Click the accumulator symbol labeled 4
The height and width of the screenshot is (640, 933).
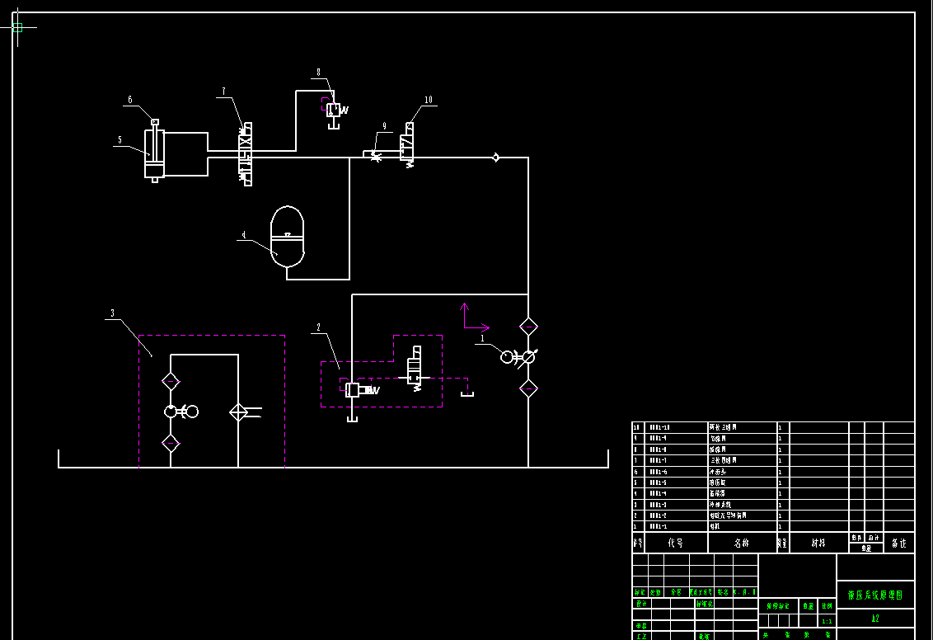pyautogui.click(x=287, y=237)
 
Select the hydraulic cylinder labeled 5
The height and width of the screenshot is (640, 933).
pyautogui.click(x=154, y=153)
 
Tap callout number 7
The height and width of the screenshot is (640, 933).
pyautogui.click(x=223, y=91)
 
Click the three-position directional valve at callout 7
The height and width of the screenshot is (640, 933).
pyautogui.click(x=245, y=153)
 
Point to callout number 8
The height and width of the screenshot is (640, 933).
pyautogui.click(x=318, y=72)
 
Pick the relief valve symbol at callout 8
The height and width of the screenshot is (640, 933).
pyautogui.click(x=334, y=110)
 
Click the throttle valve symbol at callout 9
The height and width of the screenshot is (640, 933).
pyautogui.click(x=376, y=155)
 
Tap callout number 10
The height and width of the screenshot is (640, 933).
pyautogui.click(x=429, y=100)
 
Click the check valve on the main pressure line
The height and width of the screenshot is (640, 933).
pyautogui.click(x=495, y=157)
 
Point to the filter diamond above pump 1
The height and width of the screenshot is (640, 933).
pyautogui.click(x=528, y=327)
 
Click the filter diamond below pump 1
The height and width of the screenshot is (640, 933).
pyautogui.click(x=528, y=388)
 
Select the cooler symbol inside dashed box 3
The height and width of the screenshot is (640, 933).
pyautogui.click(x=238, y=412)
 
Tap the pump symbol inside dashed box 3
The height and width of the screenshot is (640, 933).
pyautogui.click(x=171, y=411)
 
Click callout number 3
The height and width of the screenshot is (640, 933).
pyautogui.click(x=112, y=313)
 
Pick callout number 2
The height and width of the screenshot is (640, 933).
pyautogui.click(x=318, y=327)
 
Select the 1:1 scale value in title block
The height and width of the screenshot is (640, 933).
pyautogui.click(x=827, y=621)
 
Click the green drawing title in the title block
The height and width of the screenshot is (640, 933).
pyautogui.click(x=874, y=595)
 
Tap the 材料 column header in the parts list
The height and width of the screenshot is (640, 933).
pyautogui.click(x=818, y=543)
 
